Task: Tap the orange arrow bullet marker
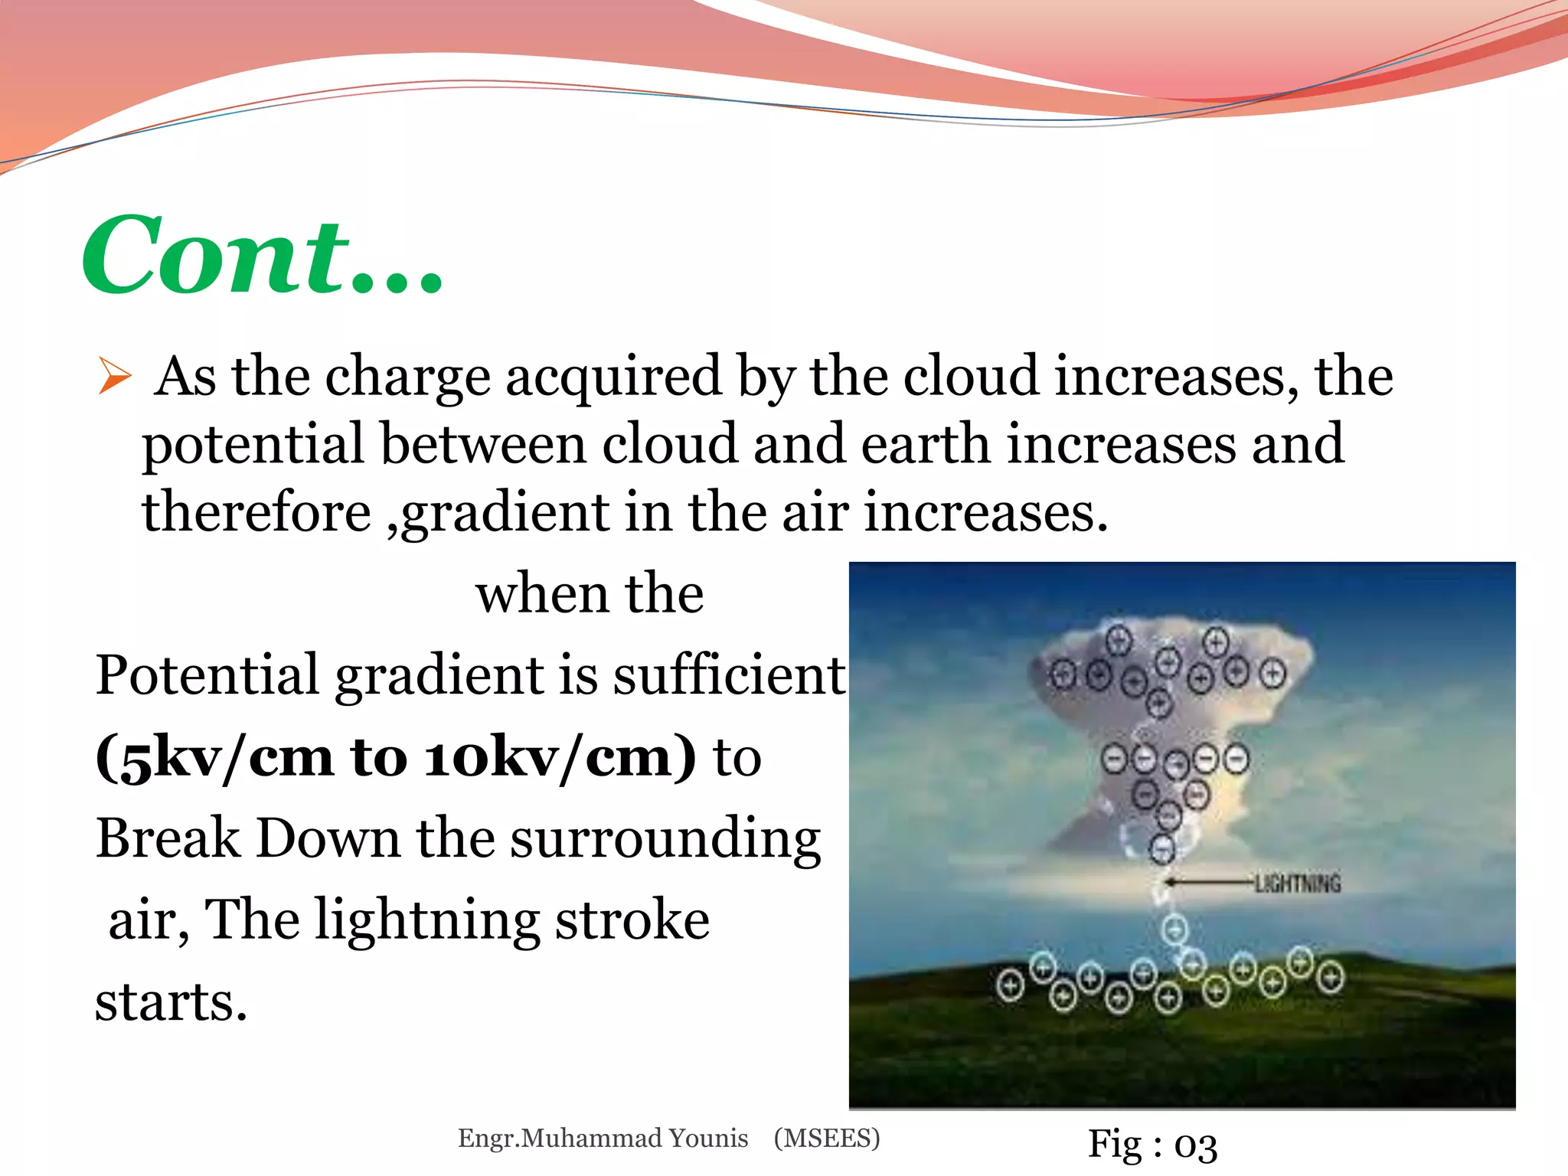click(115, 377)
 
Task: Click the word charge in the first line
click(407, 377)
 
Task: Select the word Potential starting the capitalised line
click(207, 675)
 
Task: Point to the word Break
click(168, 838)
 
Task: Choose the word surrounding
click(665, 839)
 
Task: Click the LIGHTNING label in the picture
click(1298, 884)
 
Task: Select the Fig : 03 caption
click(1152, 1145)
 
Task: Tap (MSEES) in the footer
click(827, 1138)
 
